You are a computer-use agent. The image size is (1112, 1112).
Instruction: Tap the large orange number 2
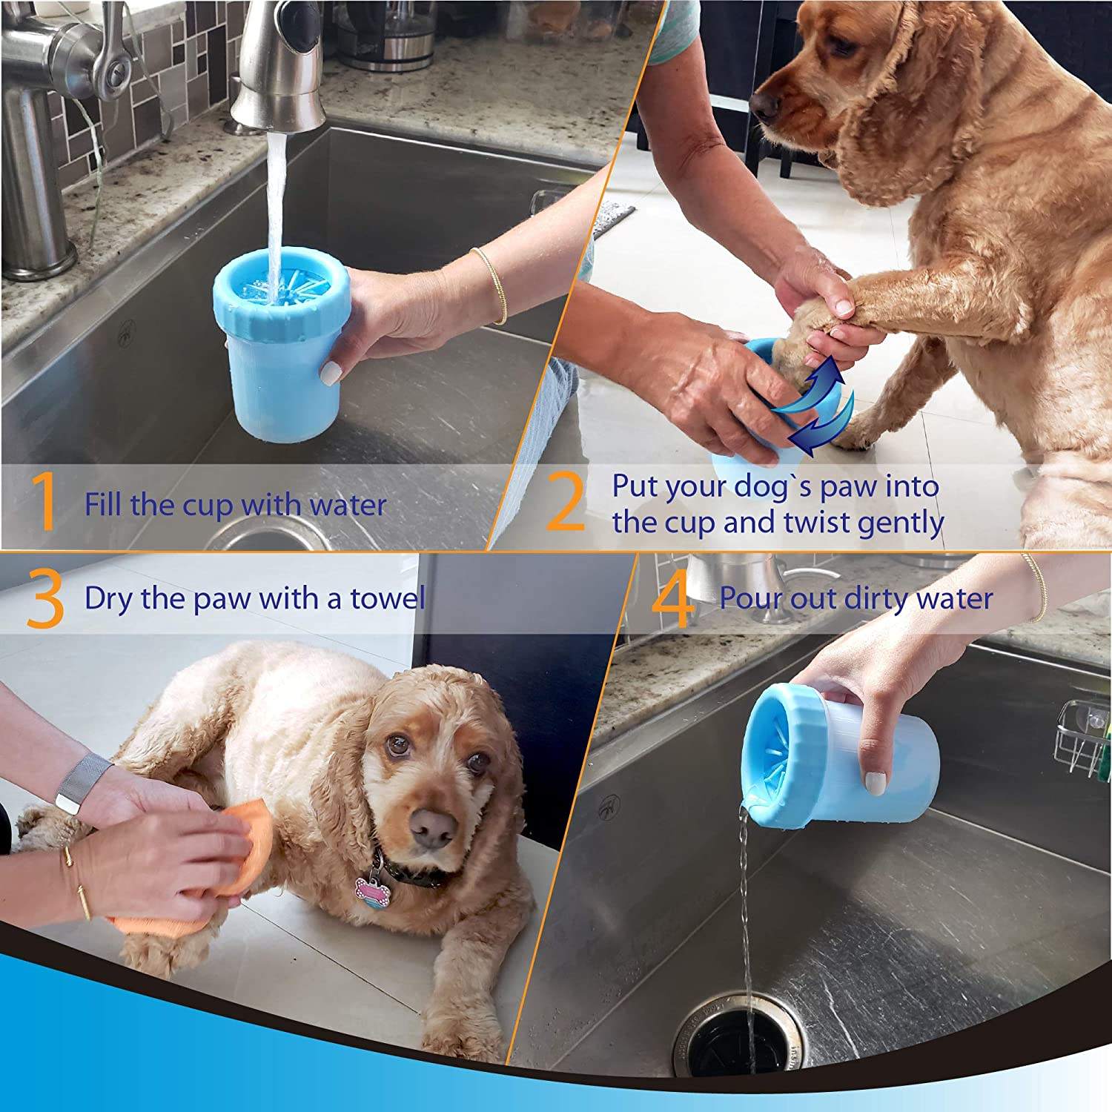point(566,503)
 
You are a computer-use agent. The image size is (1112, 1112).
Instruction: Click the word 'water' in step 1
point(348,506)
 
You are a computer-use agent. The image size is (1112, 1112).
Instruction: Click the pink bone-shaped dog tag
point(373,890)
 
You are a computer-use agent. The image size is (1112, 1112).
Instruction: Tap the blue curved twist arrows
point(812,408)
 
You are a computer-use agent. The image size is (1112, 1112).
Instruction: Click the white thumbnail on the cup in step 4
point(876,783)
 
